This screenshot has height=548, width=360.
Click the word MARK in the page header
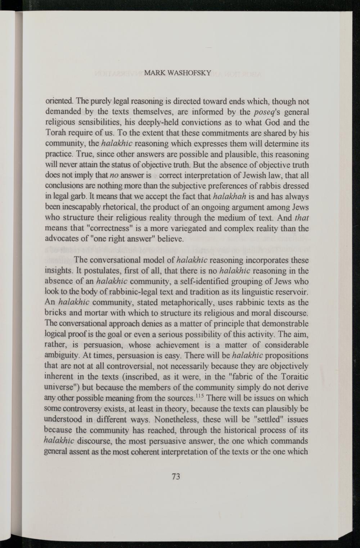[152, 74]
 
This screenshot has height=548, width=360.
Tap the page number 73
[176, 477]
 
